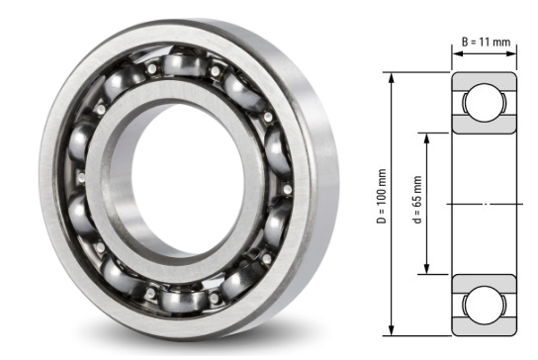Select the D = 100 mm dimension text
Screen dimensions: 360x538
[x=382, y=202]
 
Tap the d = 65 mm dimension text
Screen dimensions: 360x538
[x=416, y=202]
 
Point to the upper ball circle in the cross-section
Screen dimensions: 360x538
[x=485, y=103]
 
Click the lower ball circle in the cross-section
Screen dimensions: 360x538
[x=485, y=304]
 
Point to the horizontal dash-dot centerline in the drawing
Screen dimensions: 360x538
[x=485, y=204]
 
